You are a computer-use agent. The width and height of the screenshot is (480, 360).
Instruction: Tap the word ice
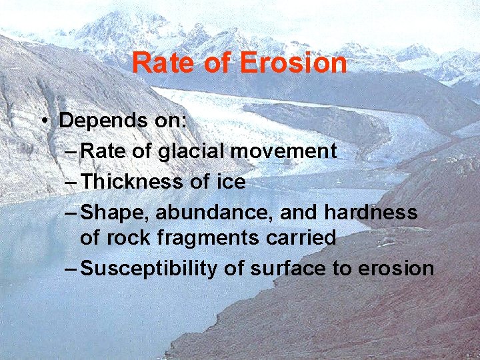tap(231, 182)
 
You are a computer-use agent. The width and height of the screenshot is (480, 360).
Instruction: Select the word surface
tap(280, 269)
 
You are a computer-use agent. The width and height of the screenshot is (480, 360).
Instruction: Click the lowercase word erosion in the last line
tap(396, 269)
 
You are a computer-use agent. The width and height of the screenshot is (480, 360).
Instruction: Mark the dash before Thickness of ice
tap(71, 182)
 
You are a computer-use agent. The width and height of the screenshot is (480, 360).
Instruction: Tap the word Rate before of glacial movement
tap(103, 151)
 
